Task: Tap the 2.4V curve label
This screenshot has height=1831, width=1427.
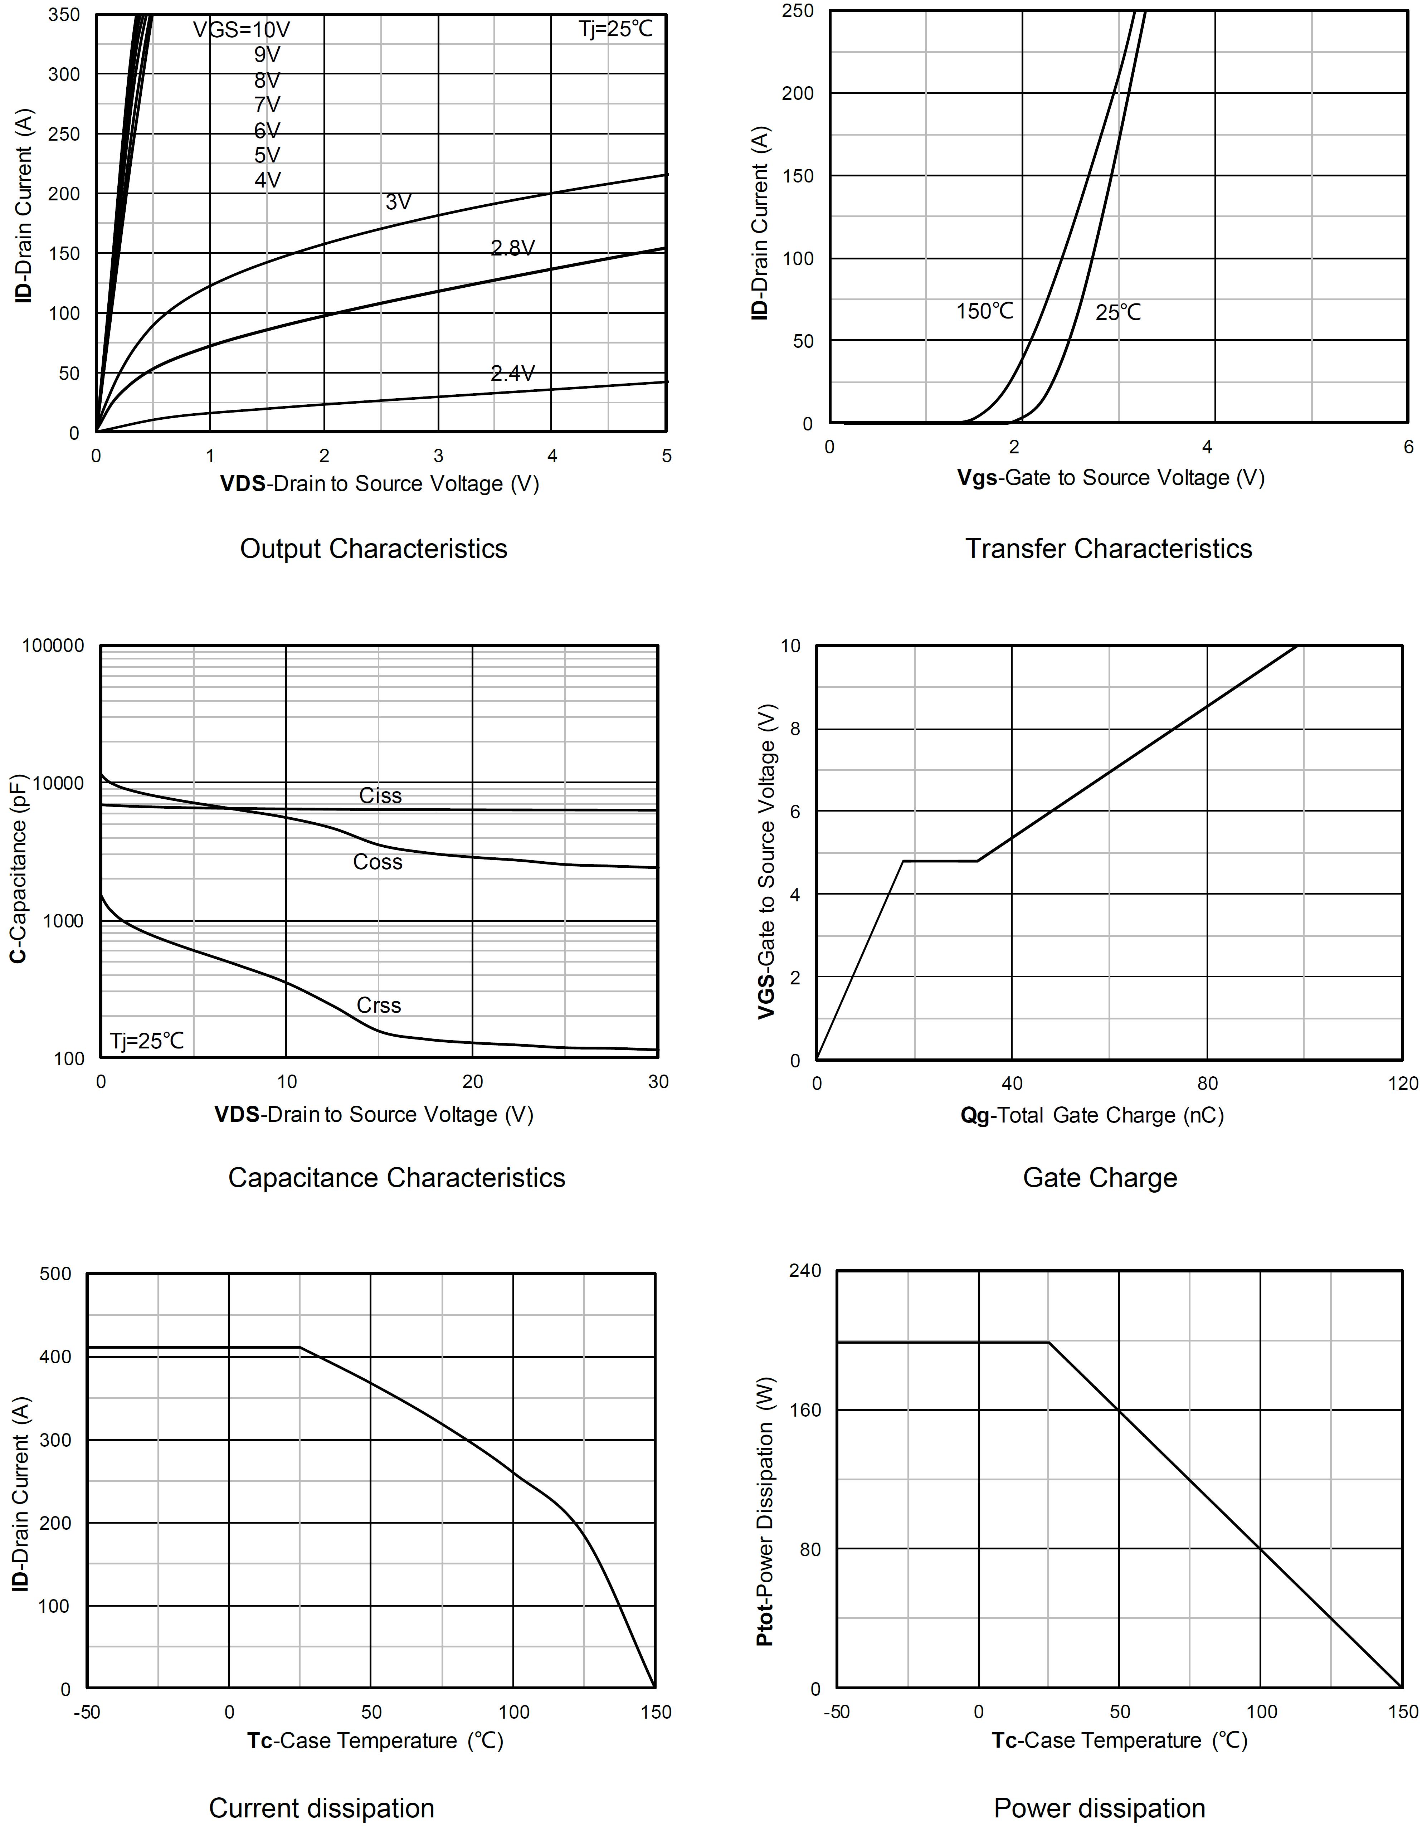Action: tap(512, 373)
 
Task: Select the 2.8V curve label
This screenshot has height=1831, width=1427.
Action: tap(512, 248)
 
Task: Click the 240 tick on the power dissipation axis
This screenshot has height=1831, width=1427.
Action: tap(805, 1271)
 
